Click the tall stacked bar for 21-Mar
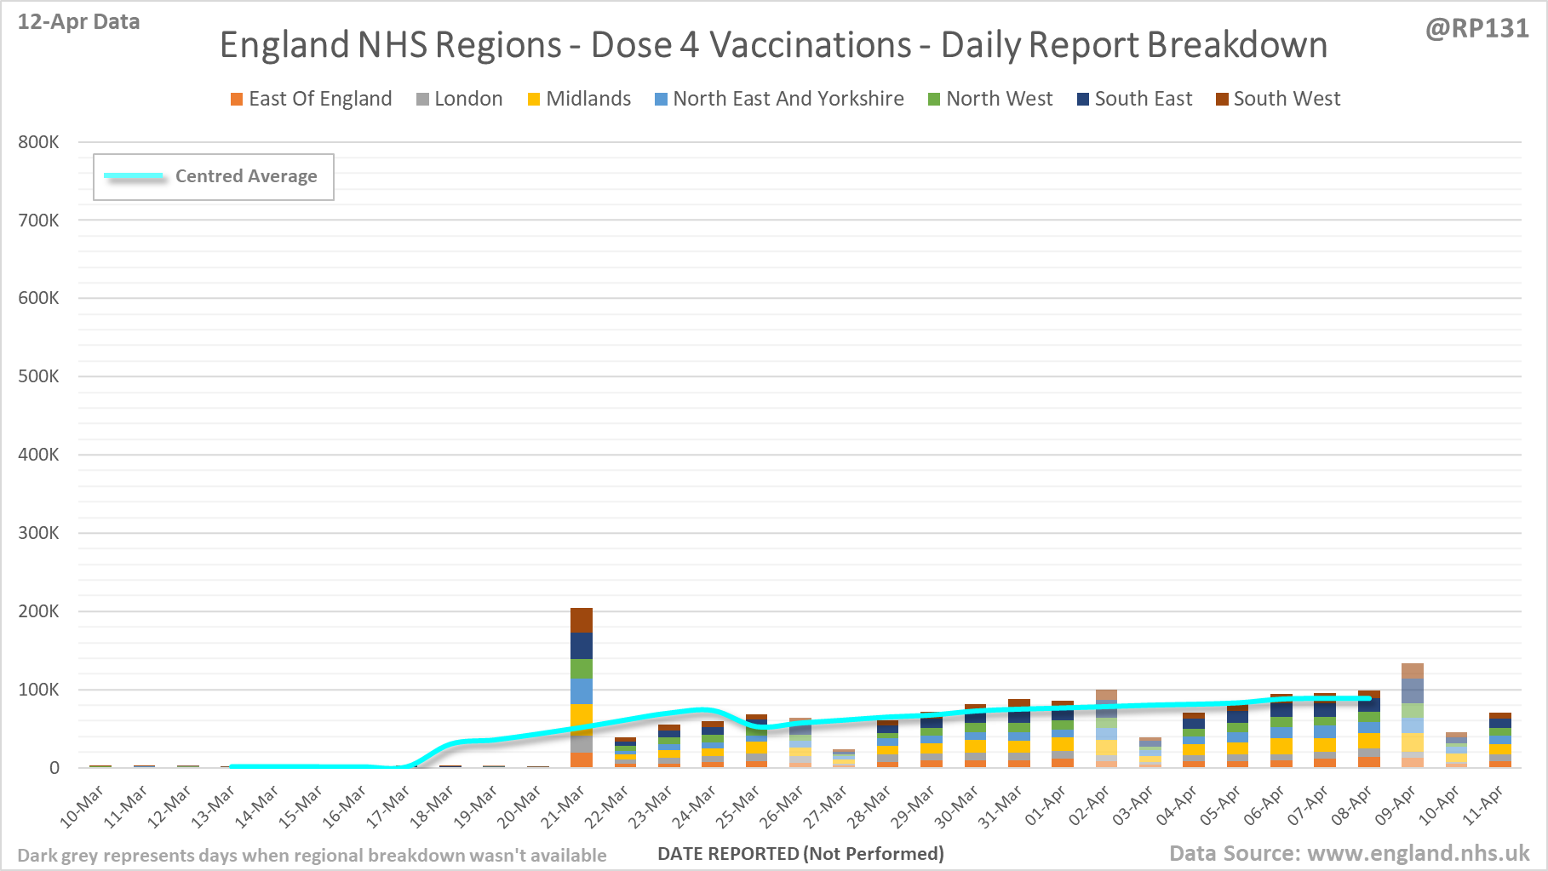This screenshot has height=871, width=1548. [582, 687]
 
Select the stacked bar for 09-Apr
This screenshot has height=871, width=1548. [1413, 715]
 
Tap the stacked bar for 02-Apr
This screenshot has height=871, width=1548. [1106, 729]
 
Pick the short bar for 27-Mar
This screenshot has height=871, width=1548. [844, 758]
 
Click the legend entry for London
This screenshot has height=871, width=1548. [460, 99]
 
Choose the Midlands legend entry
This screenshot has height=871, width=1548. [579, 99]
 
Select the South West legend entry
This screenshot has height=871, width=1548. [1278, 99]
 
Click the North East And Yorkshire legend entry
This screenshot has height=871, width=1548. [779, 99]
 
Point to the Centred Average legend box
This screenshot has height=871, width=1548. [214, 177]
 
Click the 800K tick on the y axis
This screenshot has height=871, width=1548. [38, 142]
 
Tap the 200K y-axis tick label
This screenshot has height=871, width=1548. [38, 611]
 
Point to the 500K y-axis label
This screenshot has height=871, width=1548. [38, 376]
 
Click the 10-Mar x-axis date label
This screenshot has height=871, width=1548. [82, 805]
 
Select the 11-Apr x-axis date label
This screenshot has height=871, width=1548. [1482, 805]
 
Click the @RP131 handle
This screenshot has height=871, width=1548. [1476, 29]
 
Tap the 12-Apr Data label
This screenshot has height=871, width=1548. [78, 22]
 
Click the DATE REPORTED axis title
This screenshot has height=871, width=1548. [800, 853]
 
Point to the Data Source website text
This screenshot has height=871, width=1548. [1349, 853]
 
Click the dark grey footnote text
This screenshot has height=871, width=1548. [312, 855]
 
